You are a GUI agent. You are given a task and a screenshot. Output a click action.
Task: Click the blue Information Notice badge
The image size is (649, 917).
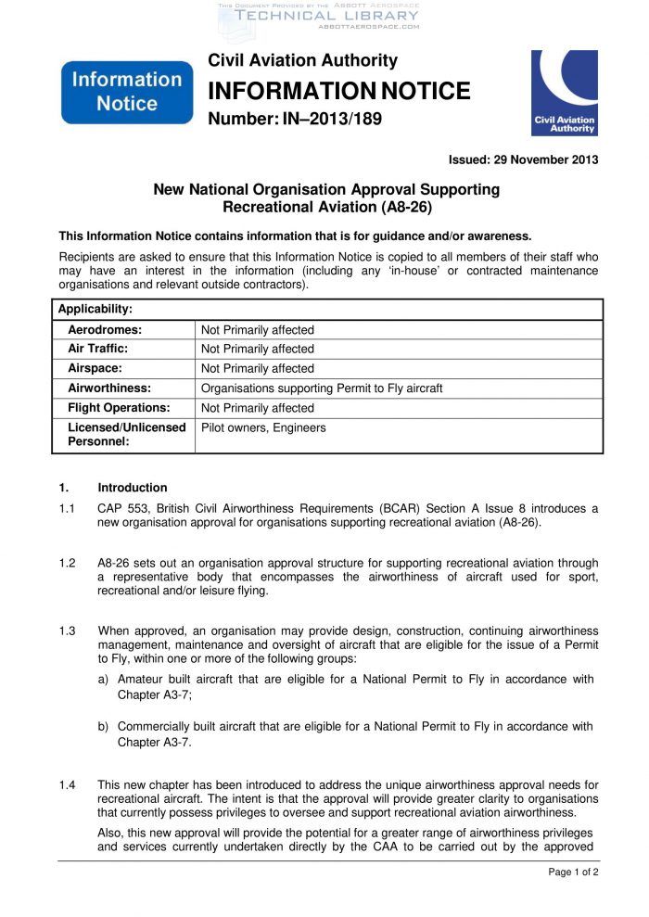pyautogui.click(x=127, y=91)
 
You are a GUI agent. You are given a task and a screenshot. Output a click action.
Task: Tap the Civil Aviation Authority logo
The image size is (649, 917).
pyautogui.click(x=565, y=94)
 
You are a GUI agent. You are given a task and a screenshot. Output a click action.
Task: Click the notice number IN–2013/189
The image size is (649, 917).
pyautogui.click(x=295, y=120)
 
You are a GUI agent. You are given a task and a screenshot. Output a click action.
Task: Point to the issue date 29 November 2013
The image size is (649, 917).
pyautogui.click(x=523, y=159)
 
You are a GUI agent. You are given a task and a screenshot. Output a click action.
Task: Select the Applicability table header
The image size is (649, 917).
pyautogui.click(x=95, y=309)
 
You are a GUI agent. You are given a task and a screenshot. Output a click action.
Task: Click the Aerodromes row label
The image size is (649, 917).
pyautogui.click(x=105, y=329)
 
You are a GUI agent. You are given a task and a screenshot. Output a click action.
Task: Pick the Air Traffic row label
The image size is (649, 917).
pyautogui.click(x=98, y=349)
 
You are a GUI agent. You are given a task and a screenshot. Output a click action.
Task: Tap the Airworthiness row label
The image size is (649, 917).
pyautogui.click(x=109, y=388)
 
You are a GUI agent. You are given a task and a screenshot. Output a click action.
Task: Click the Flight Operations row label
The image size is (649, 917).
pyautogui.click(x=119, y=407)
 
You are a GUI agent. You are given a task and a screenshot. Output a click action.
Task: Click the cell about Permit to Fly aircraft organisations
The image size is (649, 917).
pyautogui.click(x=322, y=388)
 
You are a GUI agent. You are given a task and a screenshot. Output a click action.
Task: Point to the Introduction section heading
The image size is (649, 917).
pyautogui.click(x=133, y=488)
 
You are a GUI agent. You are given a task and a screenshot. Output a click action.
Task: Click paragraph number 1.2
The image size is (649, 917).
pyautogui.click(x=67, y=564)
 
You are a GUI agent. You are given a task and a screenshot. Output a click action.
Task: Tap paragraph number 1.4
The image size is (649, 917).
pyautogui.click(x=67, y=785)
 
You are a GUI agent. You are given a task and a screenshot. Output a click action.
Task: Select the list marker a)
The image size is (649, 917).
pyautogui.click(x=105, y=680)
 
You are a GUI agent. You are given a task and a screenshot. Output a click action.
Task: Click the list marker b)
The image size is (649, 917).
pyautogui.click(x=105, y=727)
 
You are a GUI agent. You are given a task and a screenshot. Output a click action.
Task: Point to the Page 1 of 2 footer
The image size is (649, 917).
pyautogui.click(x=573, y=872)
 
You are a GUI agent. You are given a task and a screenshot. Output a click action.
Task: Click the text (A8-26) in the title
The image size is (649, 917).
pyautogui.click(x=404, y=207)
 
